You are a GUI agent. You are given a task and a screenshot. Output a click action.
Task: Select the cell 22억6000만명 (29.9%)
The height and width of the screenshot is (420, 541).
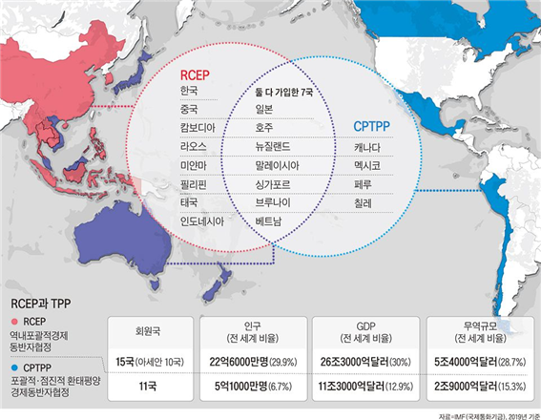pyautogui.click(x=255, y=363)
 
